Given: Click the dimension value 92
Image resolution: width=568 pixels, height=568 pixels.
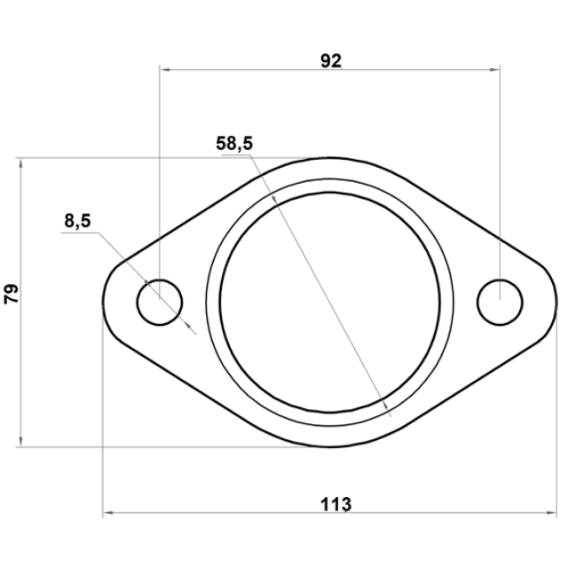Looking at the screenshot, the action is point(331,61).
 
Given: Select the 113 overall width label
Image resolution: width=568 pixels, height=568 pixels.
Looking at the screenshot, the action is point(335,504).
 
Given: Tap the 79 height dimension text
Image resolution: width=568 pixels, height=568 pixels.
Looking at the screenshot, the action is point(12,294).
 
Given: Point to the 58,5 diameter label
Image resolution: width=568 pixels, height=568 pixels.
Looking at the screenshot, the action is point(234,143).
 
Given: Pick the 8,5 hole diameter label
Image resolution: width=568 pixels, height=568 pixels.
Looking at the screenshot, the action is point(77,221).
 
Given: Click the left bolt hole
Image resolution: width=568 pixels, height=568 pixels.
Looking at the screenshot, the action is point(160,280).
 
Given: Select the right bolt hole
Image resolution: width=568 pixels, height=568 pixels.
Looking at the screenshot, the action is point(500,280).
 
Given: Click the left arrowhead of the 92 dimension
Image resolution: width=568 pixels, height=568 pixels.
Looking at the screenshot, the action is point(165,69).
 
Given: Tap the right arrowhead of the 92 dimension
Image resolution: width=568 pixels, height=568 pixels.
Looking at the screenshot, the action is point(494,69).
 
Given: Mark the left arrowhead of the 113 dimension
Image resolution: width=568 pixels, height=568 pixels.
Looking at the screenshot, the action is point(108,513).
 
